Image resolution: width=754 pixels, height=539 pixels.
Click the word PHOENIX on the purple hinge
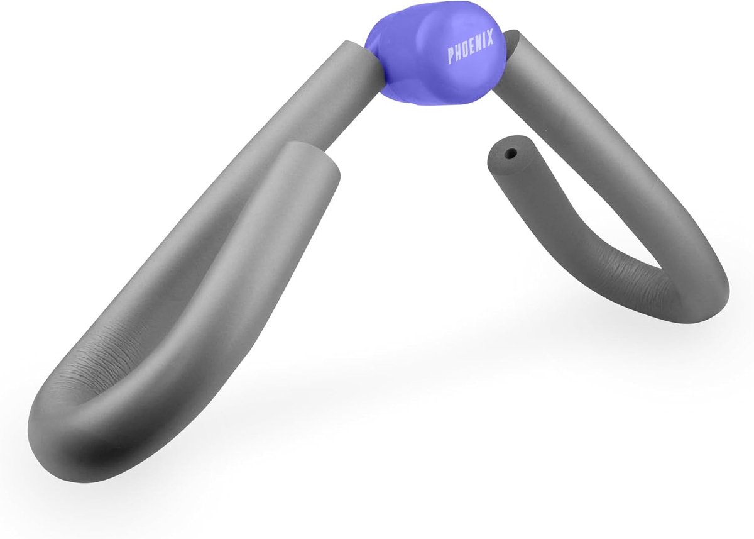point(471,47)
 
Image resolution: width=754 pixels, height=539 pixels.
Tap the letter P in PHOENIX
point(451,57)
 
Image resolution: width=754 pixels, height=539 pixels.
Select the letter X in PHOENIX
point(490,36)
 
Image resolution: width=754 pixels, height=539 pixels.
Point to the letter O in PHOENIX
point(464,50)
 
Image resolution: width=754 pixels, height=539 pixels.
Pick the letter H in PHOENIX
point(458,53)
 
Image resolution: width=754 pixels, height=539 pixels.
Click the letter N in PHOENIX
point(478,43)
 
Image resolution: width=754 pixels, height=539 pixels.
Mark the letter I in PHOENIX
point(484,40)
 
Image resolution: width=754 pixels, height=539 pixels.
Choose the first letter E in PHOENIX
point(471,47)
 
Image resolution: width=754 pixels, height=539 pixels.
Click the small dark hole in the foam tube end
point(512,153)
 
